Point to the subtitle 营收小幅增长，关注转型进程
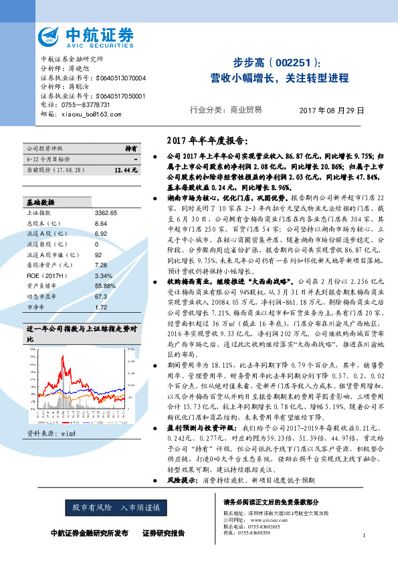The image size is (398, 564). [x=279, y=78]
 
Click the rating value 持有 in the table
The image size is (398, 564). [x=131, y=147]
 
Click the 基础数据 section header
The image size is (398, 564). [x=41, y=183]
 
